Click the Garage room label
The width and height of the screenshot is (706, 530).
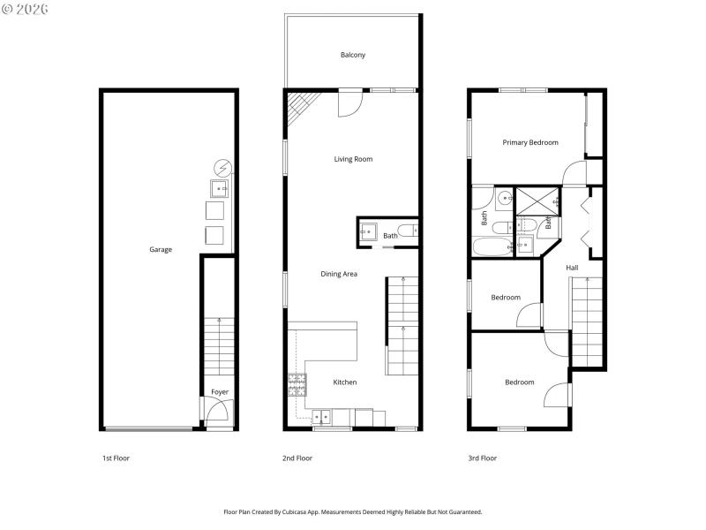pos(160,249)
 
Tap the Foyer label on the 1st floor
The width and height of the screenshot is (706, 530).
pos(219,392)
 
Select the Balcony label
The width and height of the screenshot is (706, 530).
pos(353,55)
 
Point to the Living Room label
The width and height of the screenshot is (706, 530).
pos(353,159)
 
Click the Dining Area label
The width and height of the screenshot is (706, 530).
pos(338,274)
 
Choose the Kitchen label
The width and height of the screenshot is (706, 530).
pos(344,382)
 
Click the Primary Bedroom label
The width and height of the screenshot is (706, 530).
pos(530,142)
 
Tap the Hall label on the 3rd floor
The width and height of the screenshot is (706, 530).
pos(572,268)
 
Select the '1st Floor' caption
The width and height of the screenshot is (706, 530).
pos(116,458)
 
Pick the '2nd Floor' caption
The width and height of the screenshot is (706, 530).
pos(297,458)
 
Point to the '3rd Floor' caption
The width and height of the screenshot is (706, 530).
pos(482,458)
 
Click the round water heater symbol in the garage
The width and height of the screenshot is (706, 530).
pos(223,166)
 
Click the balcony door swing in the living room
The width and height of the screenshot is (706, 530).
pos(350,104)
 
